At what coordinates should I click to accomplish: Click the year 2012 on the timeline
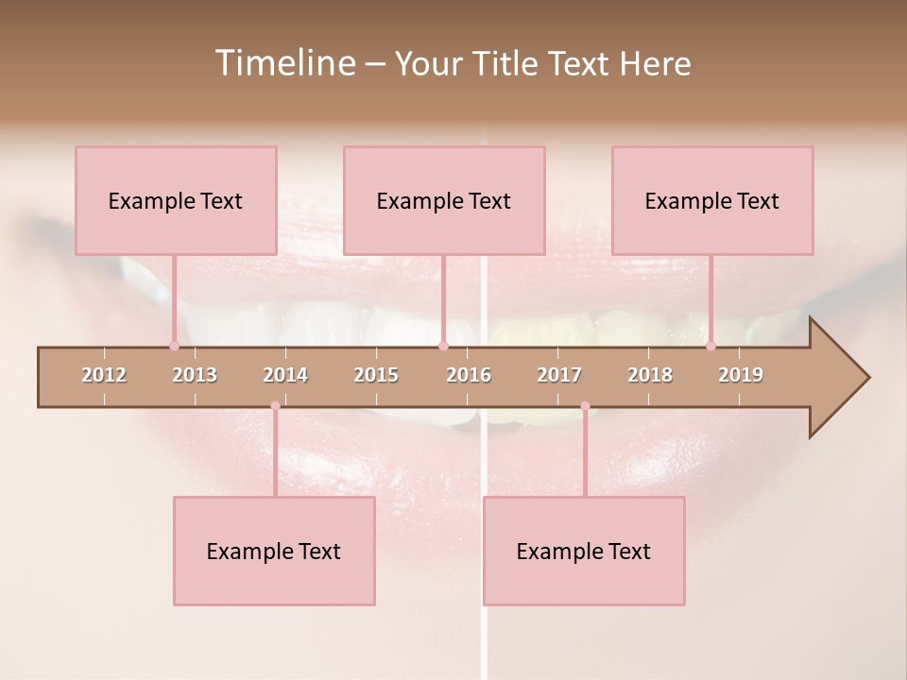click(x=104, y=375)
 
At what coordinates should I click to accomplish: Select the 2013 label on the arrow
click(x=195, y=375)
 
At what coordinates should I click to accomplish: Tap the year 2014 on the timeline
click(x=285, y=375)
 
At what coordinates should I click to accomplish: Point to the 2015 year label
click(x=376, y=375)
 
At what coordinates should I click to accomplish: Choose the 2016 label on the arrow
click(x=469, y=375)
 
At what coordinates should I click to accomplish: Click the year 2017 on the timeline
click(x=559, y=375)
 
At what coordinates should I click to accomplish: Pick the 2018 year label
click(x=650, y=375)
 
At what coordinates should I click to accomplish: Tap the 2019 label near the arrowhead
click(x=741, y=375)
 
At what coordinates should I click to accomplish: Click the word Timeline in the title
click(x=282, y=63)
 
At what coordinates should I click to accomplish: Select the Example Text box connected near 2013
click(x=176, y=200)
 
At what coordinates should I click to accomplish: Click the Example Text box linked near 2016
click(x=444, y=200)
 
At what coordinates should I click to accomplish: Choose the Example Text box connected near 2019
click(x=712, y=200)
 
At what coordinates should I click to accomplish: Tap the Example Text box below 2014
click(x=274, y=551)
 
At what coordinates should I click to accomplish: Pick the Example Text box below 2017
click(x=584, y=551)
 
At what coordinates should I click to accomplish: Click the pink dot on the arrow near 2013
click(x=174, y=346)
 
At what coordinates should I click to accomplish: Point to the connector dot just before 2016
click(x=443, y=346)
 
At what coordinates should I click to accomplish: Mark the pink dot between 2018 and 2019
click(x=710, y=346)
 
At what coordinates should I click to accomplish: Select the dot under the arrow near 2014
click(x=275, y=406)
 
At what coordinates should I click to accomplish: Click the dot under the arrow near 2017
click(x=585, y=406)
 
